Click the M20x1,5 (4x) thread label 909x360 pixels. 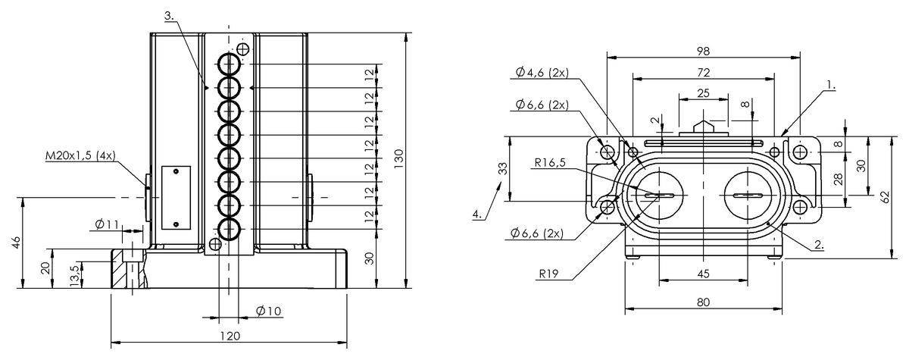click(79, 157)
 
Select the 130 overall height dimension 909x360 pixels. click(399, 157)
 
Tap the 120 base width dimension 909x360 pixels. click(230, 336)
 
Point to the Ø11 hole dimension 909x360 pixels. click(108, 224)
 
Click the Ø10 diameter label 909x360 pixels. click(269, 311)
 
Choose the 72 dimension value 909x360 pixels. click(703, 73)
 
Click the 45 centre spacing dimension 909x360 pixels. click(703, 274)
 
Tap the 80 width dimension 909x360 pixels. click(703, 302)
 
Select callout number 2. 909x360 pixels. click(819, 245)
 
